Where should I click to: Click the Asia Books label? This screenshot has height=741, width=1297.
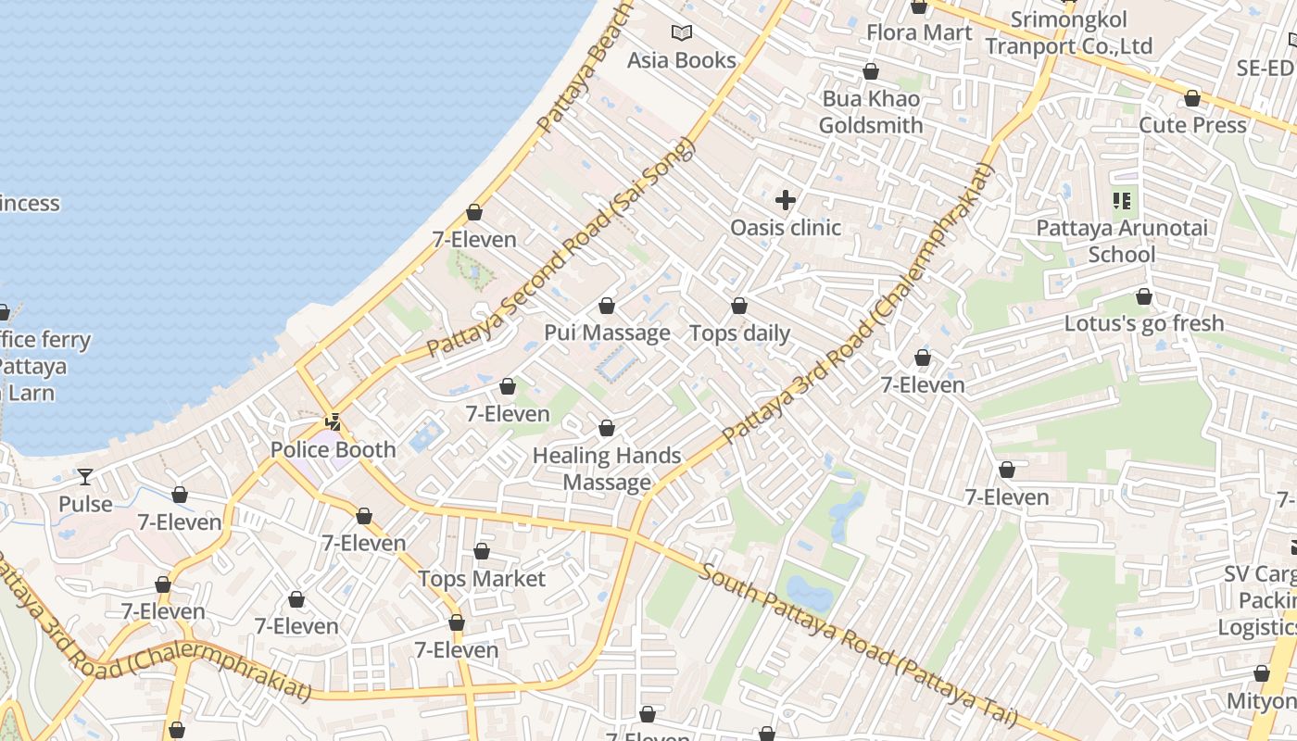tap(682, 60)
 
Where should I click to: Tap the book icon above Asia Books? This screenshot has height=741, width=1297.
tap(682, 33)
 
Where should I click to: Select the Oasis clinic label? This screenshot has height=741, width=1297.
tap(786, 228)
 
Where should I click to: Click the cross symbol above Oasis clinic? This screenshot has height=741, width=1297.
tap(786, 200)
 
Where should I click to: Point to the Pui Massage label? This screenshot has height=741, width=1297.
tap(607, 333)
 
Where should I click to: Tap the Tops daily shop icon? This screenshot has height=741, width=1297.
tap(739, 306)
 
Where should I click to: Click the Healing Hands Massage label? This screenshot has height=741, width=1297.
tap(607, 469)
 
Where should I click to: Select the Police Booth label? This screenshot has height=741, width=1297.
tap(333, 450)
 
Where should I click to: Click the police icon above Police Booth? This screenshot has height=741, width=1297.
tap(333, 423)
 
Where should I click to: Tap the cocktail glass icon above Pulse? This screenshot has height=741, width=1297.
tap(85, 477)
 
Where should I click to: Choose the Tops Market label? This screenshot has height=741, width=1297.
tap(482, 579)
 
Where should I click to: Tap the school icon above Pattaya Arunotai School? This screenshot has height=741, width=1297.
tap(1123, 200)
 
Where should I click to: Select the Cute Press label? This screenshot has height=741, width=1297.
tap(1192, 125)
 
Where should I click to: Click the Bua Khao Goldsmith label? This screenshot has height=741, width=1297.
tap(871, 112)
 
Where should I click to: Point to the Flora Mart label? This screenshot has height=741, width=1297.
tap(919, 33)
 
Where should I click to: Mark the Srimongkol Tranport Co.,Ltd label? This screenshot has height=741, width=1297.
tap(1068, 33)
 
